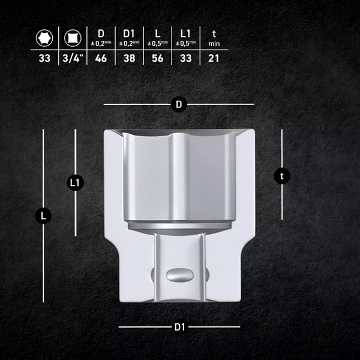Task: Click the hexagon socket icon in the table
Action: pyautogui.click(x=44, y=38)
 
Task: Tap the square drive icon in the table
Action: pyautogui.click(x=73, y=38)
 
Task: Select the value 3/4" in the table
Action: pyautogui.click(x=73, y=58)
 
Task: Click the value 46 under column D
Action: pyautogui.click(x=101, y=58)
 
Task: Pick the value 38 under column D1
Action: pyautogui.click(x=129, y=58)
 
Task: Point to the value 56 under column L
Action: pyautogui.click(x=157, y=58)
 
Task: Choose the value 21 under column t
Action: pyautogui.click(x=214, y=58)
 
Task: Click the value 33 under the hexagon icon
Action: pyautogui.click(x=44, y=58)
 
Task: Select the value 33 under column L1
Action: pyautogui.click(x=186, y=58)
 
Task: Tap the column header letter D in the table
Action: pyautogui.click(x=101, y=34)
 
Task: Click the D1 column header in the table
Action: pyautogui.click(x=129, y=34)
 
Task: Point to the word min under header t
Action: pyautogui.click(x=214, y=44)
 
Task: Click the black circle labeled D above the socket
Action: pyautogui.click(x=179, y=104)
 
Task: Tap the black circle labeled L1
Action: pyautogui.click(x=75, y=183)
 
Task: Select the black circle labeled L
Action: pyautogui.click(x=43, y=216)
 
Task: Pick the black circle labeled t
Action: pyautogui.click(x=282, y=176)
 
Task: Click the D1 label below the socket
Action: pyautogui.click(x=179, y=327)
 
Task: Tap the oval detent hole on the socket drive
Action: pyautogui.click(x=180, y=275)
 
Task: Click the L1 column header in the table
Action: pyautogui.click(x=185, y=34)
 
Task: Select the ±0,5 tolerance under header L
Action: pyautogui.click(x=158, y=43)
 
